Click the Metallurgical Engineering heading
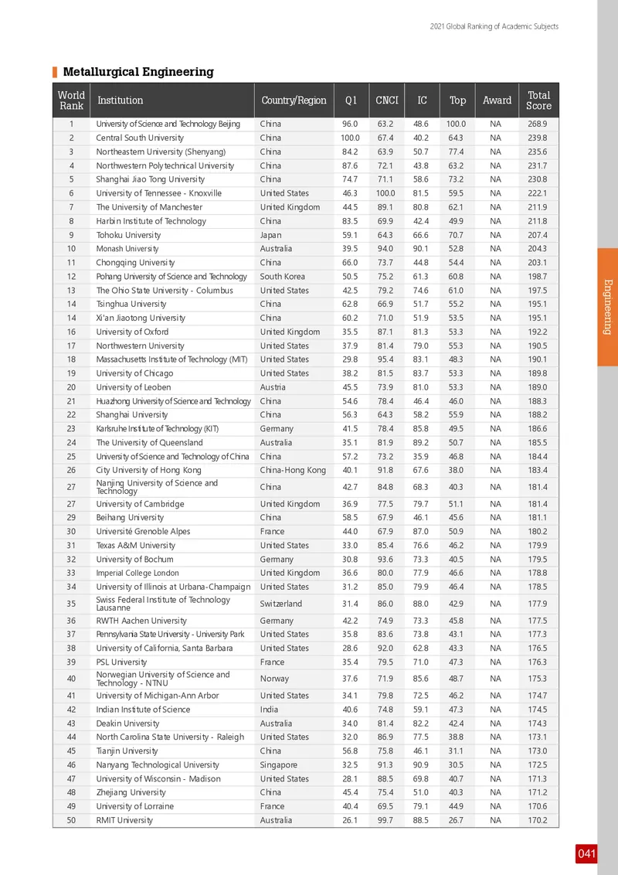[x=138, y=72]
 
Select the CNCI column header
[x=386, y=100]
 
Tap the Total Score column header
[x=538, y=100]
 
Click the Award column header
[x=497, y=100]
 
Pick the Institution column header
[x=120, y=100]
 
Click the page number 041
[x=586, y=853]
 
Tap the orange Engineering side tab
[x=607, y=307]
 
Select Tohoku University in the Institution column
[x=128, y=235]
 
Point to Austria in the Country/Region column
[x=273, y=387]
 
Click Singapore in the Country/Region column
[x=279, y=764]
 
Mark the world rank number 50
[x=71, y=820]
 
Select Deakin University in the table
[x=127, y=723]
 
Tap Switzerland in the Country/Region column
[x=281, y=604]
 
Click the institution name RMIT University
[x=124, y=820]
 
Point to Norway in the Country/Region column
[x=274, y=679]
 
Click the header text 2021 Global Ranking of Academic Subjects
[x=494, y=27]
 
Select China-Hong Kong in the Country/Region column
[x=293, y=470]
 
